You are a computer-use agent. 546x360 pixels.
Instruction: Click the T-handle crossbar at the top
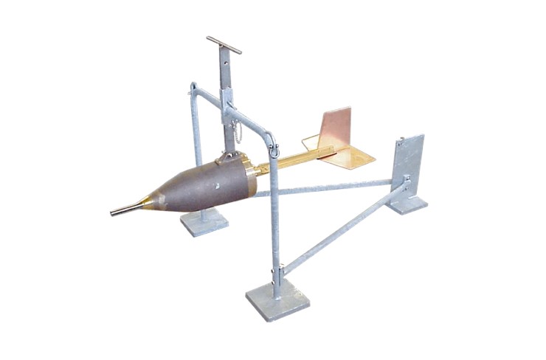(x=224, y=45)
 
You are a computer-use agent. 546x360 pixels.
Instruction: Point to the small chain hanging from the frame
(x=239, y=133)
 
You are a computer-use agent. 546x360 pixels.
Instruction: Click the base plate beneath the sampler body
(x=204, y=222)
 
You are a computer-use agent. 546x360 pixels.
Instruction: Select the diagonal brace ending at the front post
(x=339, y=229)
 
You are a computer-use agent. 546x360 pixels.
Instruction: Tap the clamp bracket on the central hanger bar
(x=227, y=97)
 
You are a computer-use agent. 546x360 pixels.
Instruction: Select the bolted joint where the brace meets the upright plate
(x=405, y=183)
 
